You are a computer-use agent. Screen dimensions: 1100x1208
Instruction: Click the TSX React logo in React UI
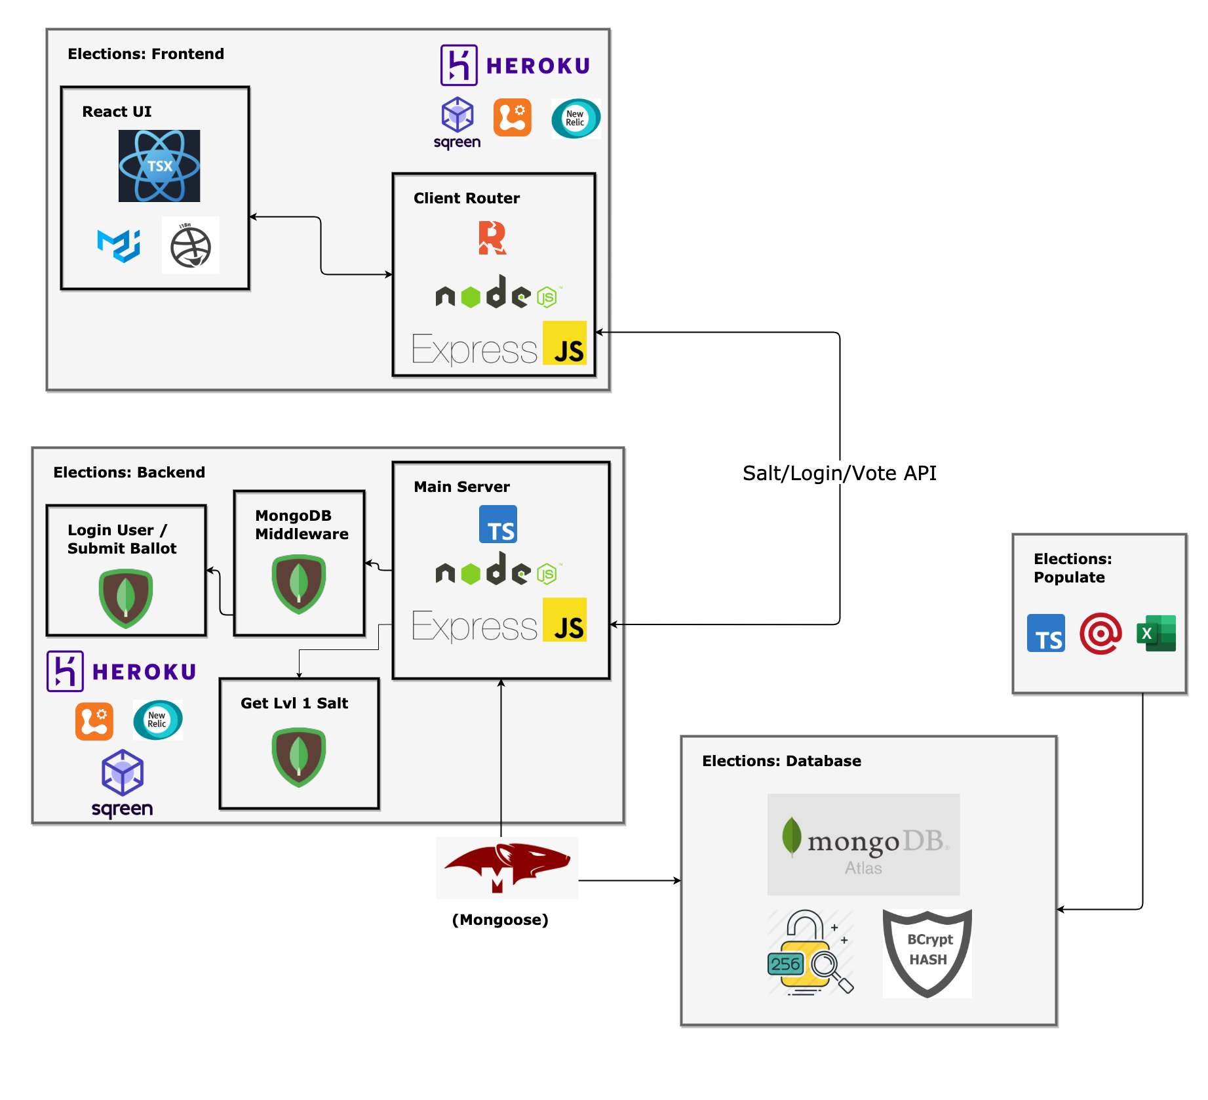[159, 166]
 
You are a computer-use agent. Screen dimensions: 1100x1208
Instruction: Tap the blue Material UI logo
[119, 246]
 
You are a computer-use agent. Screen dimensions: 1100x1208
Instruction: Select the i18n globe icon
[190, 246]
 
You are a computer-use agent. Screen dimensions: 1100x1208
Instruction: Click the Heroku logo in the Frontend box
[515, 66]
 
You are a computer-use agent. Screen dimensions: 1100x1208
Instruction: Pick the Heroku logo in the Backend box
[122, 671]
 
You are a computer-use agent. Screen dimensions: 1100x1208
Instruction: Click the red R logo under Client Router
[492, 237]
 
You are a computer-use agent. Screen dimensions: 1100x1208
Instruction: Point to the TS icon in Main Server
[498, 524]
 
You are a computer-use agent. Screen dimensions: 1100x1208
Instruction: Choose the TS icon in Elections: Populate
[1045, 633]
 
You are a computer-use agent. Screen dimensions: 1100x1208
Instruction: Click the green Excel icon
[1156, 633]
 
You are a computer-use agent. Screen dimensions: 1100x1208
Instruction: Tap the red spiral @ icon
[1101, 634]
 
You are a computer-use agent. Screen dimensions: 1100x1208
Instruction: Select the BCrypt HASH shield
[927, 953]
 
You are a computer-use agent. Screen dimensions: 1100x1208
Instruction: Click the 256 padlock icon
[810, 952]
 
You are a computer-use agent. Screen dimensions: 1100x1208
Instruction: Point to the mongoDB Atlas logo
[863, 844]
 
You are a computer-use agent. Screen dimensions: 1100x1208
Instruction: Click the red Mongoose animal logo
[507, 867]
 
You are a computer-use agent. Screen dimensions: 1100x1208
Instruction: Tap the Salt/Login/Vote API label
[839, 473]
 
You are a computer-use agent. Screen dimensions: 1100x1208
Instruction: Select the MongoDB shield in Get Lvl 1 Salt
[299, 757]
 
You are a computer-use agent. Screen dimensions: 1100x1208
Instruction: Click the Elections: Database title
[781, 761]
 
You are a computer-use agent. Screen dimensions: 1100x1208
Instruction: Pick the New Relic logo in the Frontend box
[575, 119]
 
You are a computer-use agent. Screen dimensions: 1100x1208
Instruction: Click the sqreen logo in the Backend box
[123, 784]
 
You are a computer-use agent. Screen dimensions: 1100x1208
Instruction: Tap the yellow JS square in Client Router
[564, 343]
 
